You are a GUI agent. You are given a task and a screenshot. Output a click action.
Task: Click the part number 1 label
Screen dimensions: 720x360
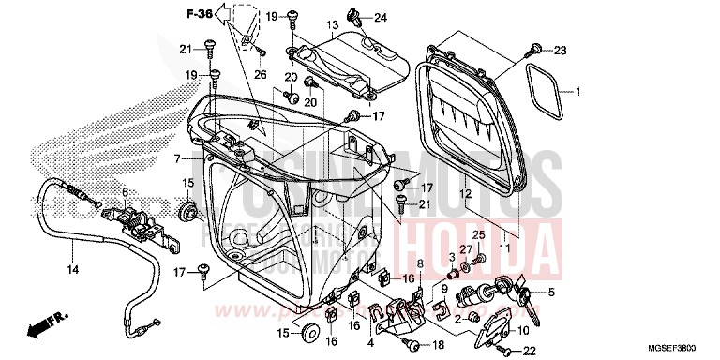pos(578,92)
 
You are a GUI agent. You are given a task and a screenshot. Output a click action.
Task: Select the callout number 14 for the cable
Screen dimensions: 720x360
pos(69,270)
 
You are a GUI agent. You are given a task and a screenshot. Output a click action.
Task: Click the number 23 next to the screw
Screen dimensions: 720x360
pos(560,49)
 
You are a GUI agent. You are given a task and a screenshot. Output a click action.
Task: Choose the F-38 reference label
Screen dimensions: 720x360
pos(198,15)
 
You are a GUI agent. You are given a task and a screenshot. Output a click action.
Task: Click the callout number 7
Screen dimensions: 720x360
pos(176,158)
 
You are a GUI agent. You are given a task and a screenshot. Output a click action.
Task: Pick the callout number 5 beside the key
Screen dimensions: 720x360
pos(551,292)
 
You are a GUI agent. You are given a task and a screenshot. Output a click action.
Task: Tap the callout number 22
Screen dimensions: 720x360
pos(529,352)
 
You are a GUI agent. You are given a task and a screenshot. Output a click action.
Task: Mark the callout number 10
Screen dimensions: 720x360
pos(522,329)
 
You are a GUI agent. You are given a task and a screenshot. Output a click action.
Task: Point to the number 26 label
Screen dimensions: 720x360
pos(260,75)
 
